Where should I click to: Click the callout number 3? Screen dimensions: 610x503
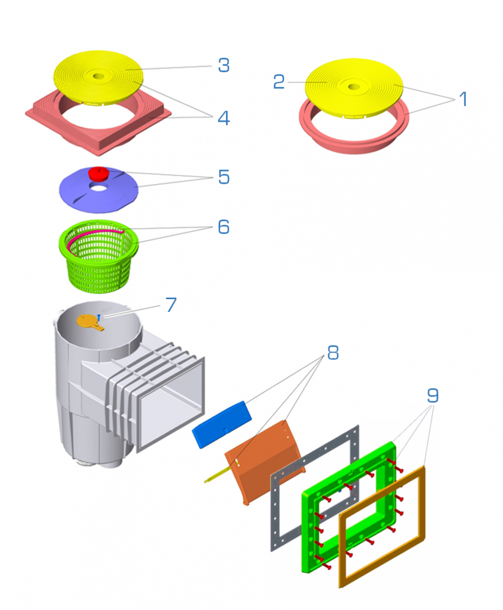click(223, 65)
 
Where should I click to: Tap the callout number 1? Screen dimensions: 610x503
click(463, 99)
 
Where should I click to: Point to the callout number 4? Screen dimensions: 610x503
click(223, 117)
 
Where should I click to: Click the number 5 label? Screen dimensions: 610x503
click(223, 177)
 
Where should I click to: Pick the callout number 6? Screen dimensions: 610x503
click(223, 227)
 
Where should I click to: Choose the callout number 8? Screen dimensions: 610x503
click(332, 352)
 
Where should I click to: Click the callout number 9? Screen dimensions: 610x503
click(433, 396)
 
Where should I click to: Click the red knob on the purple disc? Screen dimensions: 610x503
click(97, 173)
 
